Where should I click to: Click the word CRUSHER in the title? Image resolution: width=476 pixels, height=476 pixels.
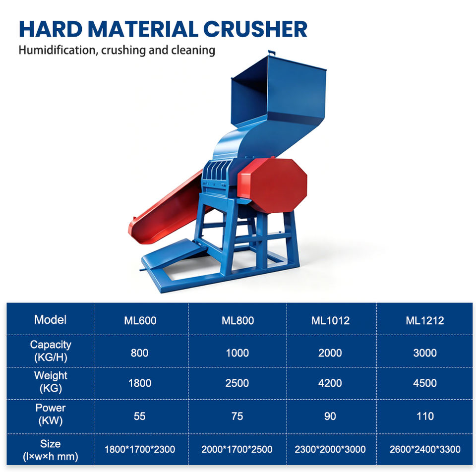coord(255,29)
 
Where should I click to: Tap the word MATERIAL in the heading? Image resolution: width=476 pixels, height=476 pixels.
coord(143,29)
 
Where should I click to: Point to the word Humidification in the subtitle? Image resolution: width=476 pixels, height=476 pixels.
coord(57,50)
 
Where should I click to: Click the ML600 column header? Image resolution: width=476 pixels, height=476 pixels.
coord(140,321)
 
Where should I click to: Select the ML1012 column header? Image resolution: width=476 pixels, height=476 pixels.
coord(331,321)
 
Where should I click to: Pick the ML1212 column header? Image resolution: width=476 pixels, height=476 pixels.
coord(425,321)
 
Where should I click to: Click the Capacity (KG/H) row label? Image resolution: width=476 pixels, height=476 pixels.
coord(51,351)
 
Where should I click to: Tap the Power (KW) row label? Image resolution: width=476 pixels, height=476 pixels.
coord(51,414)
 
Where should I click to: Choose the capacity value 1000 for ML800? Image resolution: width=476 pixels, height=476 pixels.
coord(238,353)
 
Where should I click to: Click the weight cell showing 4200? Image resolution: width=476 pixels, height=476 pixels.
coord(330,383)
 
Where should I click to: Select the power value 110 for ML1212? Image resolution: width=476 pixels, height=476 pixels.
coord(425,416)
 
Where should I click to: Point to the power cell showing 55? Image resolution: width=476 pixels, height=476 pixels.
coord(140,416)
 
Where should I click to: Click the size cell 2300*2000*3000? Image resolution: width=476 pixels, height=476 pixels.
coord(330,449)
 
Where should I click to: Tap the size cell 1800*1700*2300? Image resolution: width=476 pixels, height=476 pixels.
coord(140,449)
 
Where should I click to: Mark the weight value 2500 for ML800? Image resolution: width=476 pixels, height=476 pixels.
coord(237,383)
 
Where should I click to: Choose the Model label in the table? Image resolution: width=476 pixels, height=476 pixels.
coord(51,320)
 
